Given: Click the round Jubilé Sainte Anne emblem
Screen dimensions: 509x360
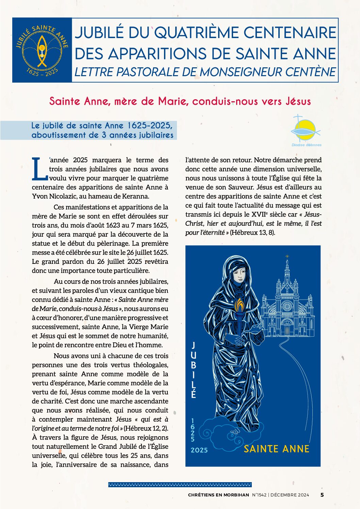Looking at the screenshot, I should tap(42, 50).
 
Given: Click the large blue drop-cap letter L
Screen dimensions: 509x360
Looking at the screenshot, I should tap(39, 169).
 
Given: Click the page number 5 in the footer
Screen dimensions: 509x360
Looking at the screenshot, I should tap(322, 495).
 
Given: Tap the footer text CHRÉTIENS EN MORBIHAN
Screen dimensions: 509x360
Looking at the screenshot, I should tap(218, 495).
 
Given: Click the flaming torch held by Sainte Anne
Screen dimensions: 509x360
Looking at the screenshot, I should tap(240, 306).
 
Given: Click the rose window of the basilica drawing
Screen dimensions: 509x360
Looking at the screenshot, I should tap(287, 306).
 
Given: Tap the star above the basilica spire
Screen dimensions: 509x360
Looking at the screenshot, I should tap(287, 256).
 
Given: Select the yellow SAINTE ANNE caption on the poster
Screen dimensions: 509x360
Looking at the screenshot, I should tap(276, 449).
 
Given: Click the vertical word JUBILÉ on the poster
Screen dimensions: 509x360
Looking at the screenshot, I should tap(193, 370).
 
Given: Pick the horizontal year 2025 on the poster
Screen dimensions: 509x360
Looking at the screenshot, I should tap(199, 450).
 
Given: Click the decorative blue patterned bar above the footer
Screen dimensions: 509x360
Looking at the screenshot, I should tap(180, 485).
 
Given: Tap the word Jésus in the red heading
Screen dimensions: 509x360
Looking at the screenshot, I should tap(298, 101).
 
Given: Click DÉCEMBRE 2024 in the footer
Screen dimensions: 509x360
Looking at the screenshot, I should tap(290, 495).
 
